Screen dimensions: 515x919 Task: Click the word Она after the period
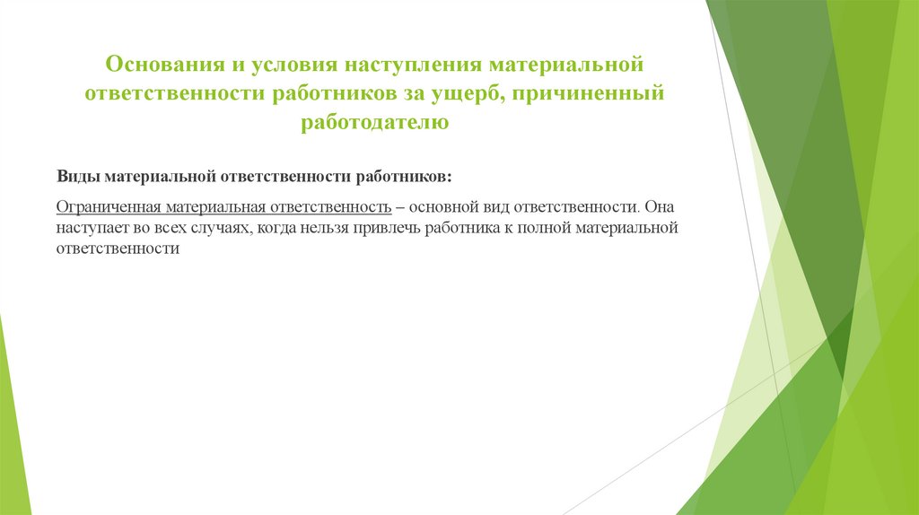pyautogui.click(x=658, y=205)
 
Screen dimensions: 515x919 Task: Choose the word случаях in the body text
pyautogui.click(x=220, y=228)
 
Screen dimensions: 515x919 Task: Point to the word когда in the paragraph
pyautogui.click(x=274, y=228)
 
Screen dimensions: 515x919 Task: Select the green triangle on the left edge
pyautogui.click(x=11, y=422)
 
